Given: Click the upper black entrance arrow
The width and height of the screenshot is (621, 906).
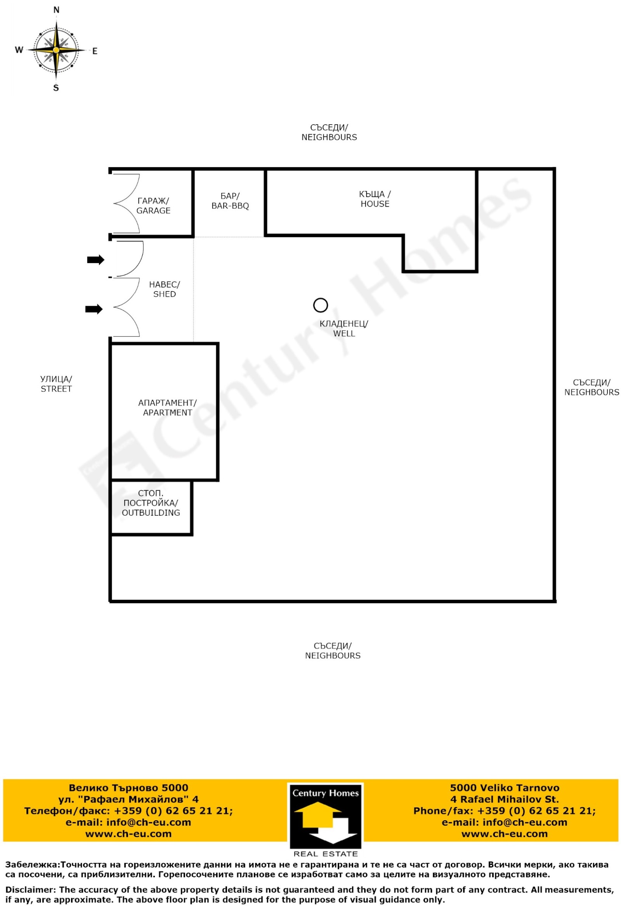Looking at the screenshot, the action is [95, 260].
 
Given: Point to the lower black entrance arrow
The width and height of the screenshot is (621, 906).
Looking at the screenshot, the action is [94, 309].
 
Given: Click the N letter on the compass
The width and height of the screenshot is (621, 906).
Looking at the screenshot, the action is [56, 10].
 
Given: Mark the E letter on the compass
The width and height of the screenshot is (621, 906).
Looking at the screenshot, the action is [95, 51].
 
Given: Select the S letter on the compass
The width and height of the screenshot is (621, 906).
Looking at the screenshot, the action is [56, 88].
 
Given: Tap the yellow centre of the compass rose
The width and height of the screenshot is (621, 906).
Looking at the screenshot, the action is [56, 50].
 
